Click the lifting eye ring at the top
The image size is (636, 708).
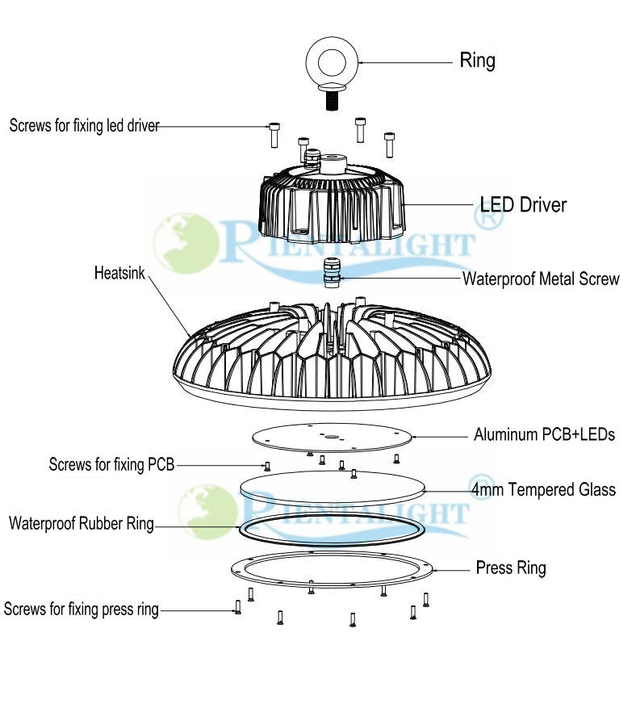pyautogui.click(x=331, y=62)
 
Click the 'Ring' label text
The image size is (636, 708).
pyautogui.click(x=477, y=60)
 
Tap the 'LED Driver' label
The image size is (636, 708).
pyautogui.click(x=523, y=205)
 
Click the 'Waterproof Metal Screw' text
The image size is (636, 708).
pyautogui.click(x=540, y=279)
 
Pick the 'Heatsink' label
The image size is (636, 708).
pyautogui.click(x=119, y=273)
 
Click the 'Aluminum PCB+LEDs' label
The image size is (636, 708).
pyautogui.click(x=544, y=435)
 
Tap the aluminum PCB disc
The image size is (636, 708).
pyautogui.click(x=331, y=437)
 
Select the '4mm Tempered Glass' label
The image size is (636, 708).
pyautogui.click(x=543, y=489)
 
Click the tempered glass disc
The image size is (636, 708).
pyautogui.click(x=333, y=488)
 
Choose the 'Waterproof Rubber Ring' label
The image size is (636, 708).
pyautogui.click(x=81, y=524)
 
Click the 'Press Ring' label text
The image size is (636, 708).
pyautogui.click(x=510, y=568)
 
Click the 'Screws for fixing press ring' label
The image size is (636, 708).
pyautogui.click(x=82, y=609)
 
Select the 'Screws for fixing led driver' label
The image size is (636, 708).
pyautogui.click(x=85, y=126)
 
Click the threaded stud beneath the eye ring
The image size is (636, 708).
pyautogui.click(x=331, y=101)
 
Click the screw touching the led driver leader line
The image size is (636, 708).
pyautogui.click(x=274, y=133)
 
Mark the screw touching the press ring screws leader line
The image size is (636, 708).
pyautogui.click(x=238, y=607)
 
